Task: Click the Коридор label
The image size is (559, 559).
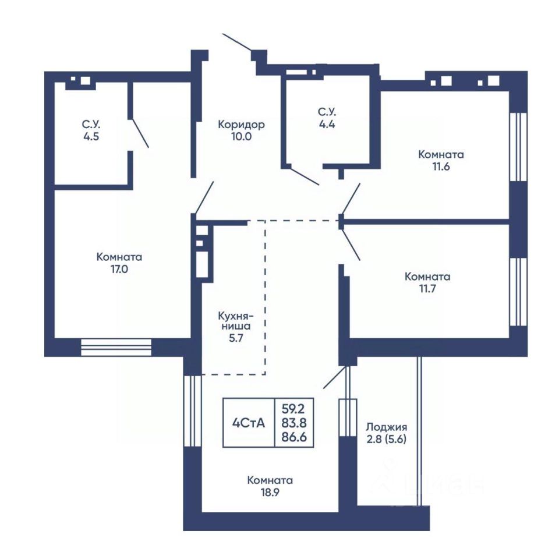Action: coord(241,125)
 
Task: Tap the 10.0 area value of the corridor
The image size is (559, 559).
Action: coord(241,136)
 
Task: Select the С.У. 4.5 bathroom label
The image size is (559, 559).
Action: coord(91,130)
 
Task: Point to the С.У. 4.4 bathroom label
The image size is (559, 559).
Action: coord(327,118)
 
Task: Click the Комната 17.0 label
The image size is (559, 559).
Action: coord(119,263)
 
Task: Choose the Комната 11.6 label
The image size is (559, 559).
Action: coord(441,161)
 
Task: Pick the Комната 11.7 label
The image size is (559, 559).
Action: coord(427,282)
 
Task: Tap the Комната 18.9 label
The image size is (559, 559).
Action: coord(270,486)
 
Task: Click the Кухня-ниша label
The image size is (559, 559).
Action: coord(236,321)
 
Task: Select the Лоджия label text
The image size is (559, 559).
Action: coord(387,427)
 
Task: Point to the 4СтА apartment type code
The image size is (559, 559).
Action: coord(249,423)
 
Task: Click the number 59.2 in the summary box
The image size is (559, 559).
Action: coord(293,408)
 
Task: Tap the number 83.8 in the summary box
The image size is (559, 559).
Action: coord(294,423)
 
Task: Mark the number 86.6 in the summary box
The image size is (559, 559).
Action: coord(294,437)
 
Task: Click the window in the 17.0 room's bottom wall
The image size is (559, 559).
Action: coord(116,347)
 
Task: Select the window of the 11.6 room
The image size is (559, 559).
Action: coord(518,147)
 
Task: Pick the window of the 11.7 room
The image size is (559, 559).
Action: coord(518,292)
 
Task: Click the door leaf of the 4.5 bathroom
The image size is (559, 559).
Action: coord(140,133)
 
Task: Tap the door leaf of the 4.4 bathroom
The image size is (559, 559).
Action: coord(304,175)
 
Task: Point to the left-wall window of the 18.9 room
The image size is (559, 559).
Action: coord(193,411)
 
